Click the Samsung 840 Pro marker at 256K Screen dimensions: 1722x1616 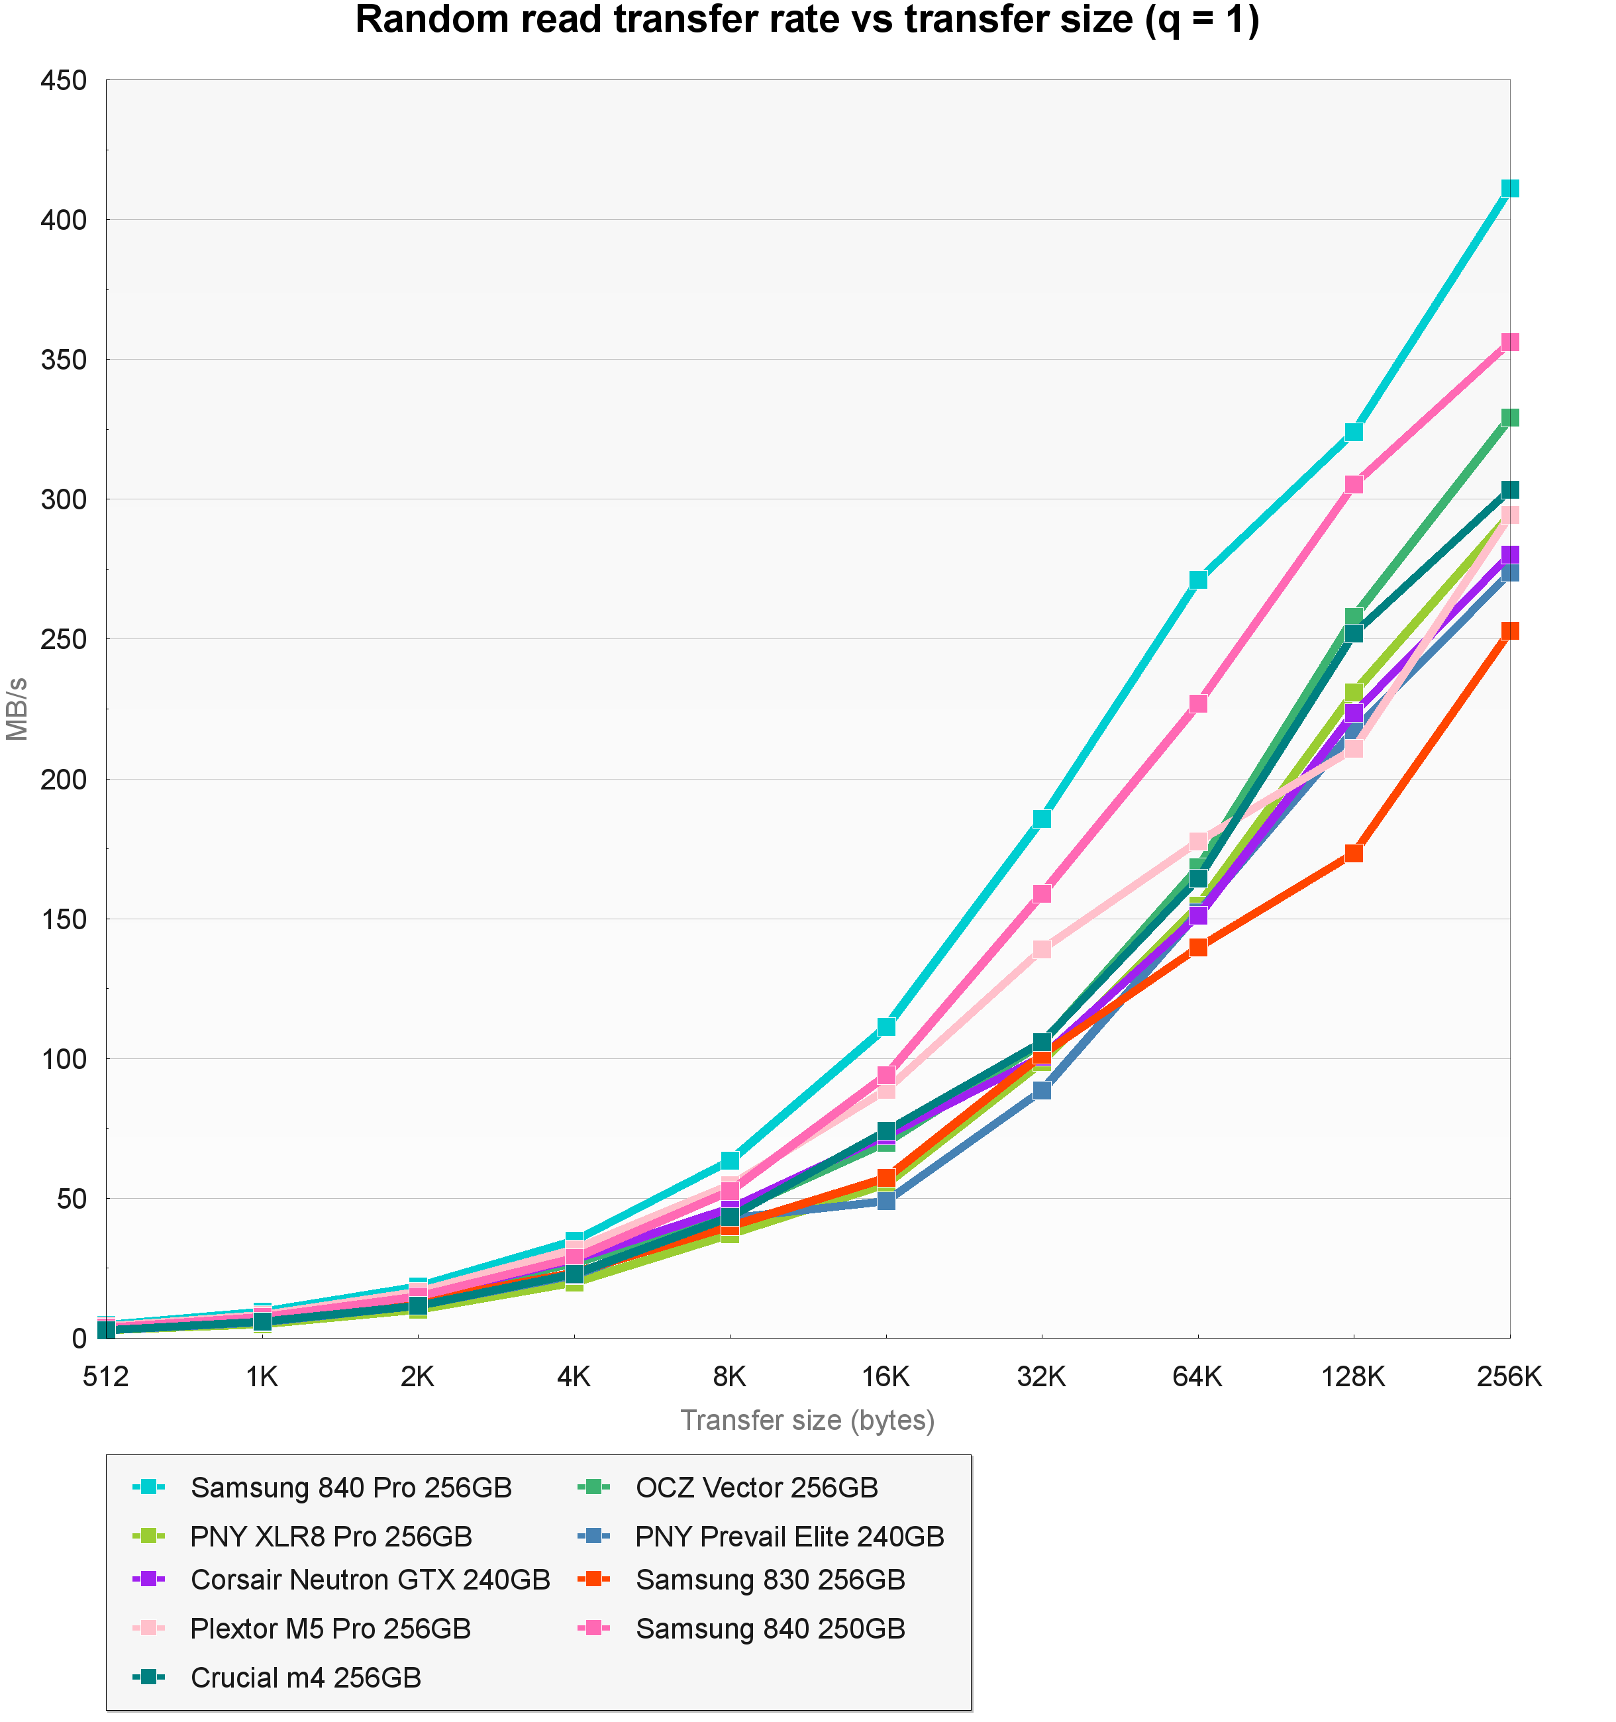click(x=1509, y=189)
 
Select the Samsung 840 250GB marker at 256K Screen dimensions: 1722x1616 click(x=1509, y=342)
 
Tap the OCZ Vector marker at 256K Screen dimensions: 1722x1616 click(x=1509, y=417)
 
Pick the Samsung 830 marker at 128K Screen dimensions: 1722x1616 click(x=1354, y=853)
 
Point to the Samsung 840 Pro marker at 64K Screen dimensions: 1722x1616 click(x=1197, y=580)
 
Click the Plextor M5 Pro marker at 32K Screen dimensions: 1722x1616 click(x=1042, y=949)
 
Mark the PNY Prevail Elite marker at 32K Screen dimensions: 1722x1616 click(x=1042, y=1089)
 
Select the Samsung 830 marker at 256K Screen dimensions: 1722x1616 click(x=1509, y=631)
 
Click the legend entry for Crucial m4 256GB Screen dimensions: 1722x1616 click(x=306, y=1678)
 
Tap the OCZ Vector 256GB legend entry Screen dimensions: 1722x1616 click(x=756, y=1488)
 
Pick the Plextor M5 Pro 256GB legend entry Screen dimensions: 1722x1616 click(x=330, y=1629)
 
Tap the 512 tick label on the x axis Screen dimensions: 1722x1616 click(x=106, y=1376)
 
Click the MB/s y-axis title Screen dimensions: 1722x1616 click(x=17, y=709)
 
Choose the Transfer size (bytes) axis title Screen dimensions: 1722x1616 click(x=807, y=1421)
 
